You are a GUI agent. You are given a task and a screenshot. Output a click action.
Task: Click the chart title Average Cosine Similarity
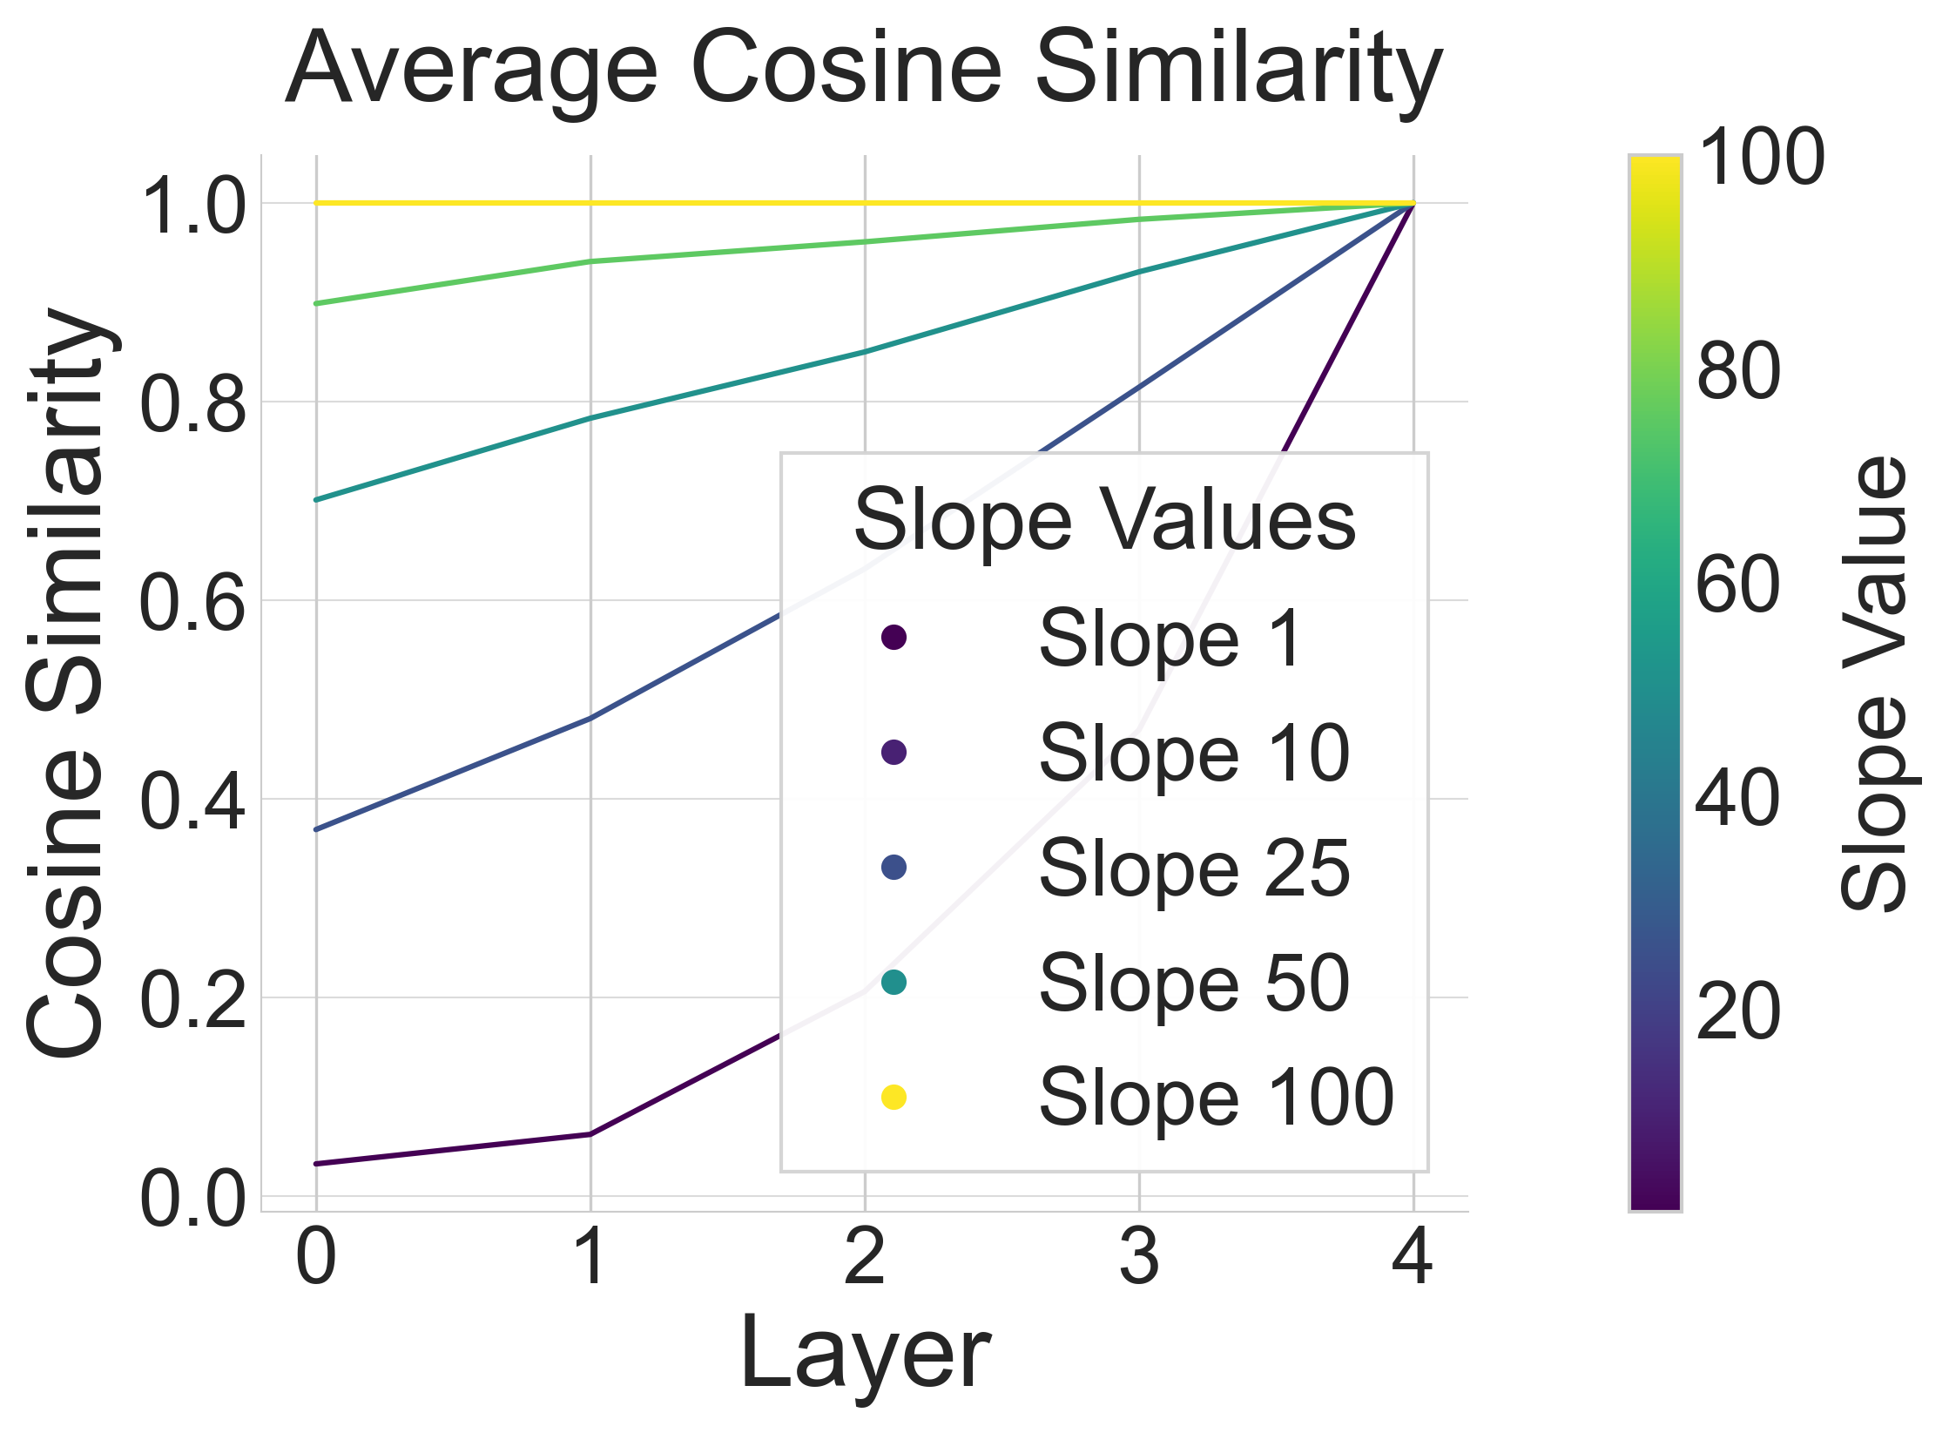coord(864,70)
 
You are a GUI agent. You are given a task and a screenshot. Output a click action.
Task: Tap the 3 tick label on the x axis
coord(1139,1257)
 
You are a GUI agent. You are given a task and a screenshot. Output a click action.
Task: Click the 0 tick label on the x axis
coord(316,1257)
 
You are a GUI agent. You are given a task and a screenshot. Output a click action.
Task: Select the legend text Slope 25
coord(1194,869)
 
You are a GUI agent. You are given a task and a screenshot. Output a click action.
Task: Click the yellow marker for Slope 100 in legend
coord(894,1097)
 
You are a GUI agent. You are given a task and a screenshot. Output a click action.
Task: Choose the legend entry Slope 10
coord(1194,754)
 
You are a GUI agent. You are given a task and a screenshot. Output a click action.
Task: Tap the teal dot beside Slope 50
coord(894,982)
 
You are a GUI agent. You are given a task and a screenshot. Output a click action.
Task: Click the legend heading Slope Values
coord(1104,520)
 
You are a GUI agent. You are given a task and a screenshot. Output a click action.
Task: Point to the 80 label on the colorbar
coord(1738,372)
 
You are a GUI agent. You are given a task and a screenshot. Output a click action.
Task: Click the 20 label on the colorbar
coord(1738,1012)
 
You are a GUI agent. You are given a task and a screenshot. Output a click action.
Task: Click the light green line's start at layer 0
coord(317,303)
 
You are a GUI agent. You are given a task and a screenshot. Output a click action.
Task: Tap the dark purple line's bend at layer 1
coord(590,1134)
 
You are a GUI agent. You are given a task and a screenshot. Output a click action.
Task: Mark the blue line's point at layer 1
coord(590,719)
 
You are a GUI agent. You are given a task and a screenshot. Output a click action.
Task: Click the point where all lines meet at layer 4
coord(1413,204)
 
